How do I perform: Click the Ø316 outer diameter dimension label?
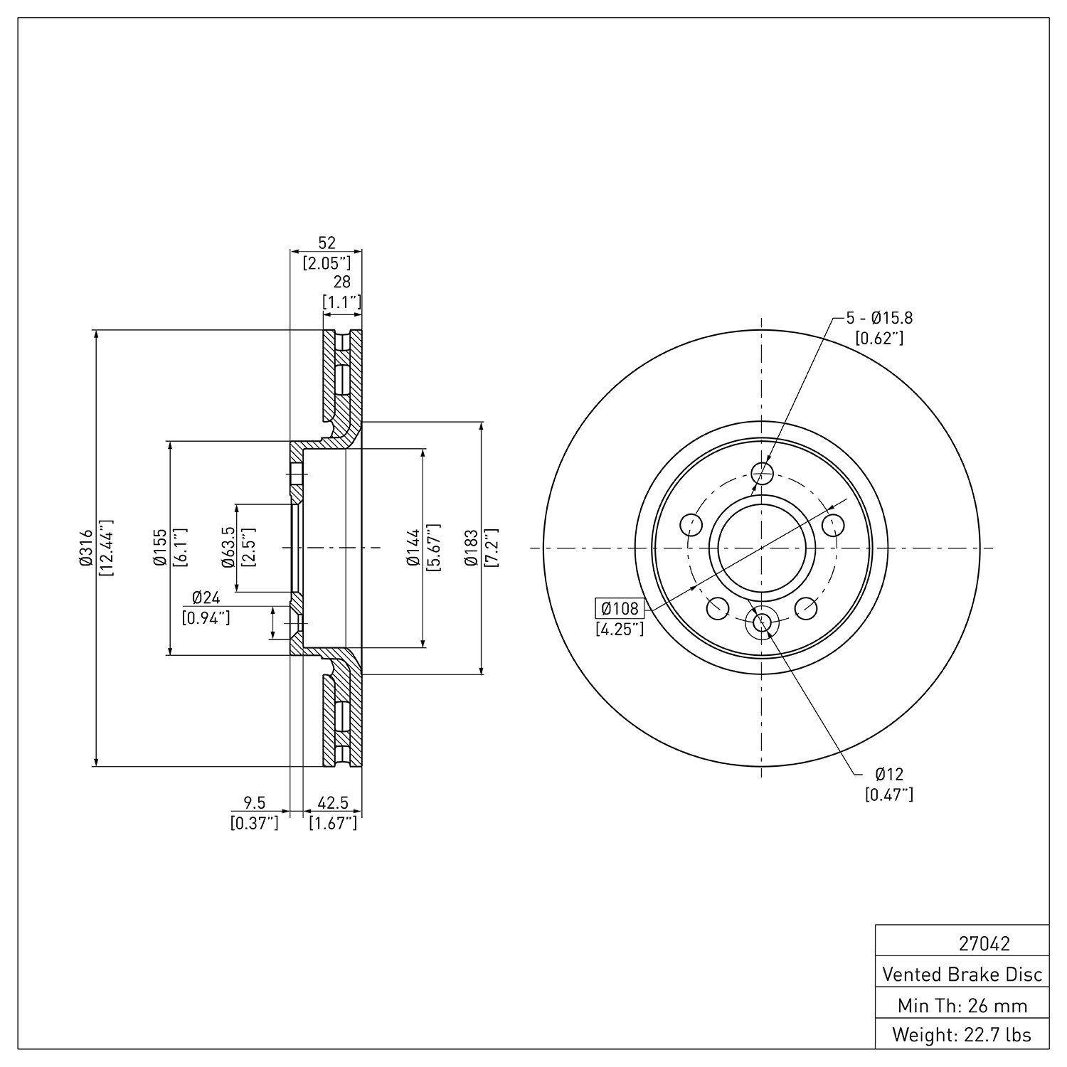(87, 548)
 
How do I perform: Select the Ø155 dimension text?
(160, 548)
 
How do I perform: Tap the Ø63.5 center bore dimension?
(228, 547)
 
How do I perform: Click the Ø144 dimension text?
(412, 548)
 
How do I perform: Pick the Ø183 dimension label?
(470, 548)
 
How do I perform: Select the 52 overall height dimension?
(327, 243)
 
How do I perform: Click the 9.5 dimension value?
(255, 803)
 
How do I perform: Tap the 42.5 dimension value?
(333, 803)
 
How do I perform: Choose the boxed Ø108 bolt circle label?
(619, 609)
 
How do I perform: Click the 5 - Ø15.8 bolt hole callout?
(879, 318)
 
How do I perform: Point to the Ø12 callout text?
(889, 774)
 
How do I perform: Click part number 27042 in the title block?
(984, 944)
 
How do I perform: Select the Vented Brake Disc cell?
(962, 974)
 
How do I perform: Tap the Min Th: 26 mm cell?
(962, 1005)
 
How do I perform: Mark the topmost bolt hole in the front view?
(762, 473)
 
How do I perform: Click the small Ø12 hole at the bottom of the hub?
(762, 622)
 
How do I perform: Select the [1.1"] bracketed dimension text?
(342, 302)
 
